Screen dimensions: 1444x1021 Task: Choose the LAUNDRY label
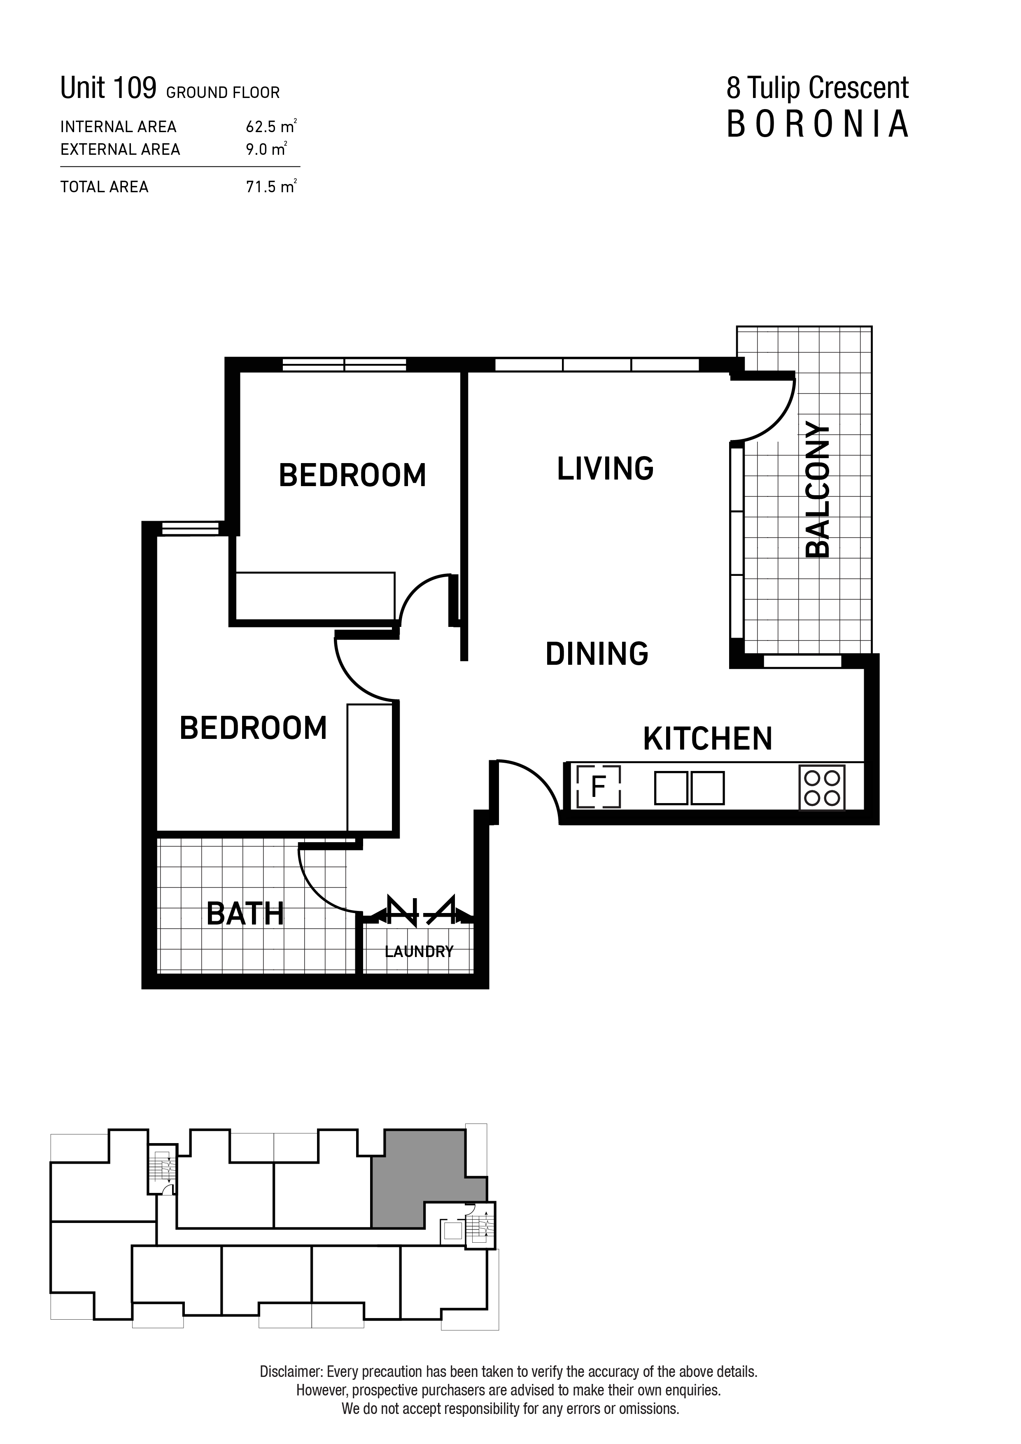point(419,952)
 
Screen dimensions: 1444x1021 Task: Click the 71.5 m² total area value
point(270,187)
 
